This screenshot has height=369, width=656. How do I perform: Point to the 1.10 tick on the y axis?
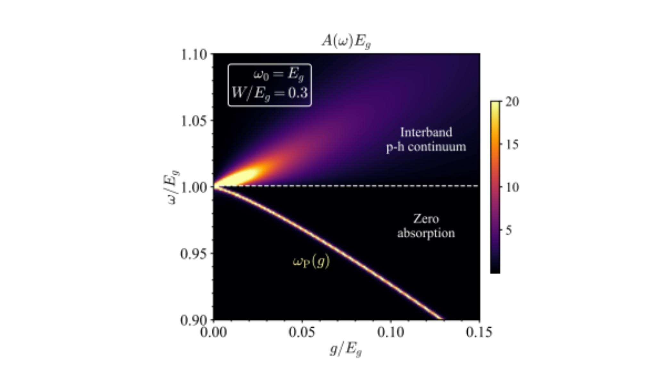coord(194,55)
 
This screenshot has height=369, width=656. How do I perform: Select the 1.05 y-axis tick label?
coord(194,121)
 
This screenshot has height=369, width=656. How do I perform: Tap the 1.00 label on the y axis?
coord(194,187)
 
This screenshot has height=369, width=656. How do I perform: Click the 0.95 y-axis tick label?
coord(194,254)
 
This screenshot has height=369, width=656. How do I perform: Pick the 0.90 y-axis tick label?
coord(194,320)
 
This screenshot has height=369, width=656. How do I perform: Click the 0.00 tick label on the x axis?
coord(214,332)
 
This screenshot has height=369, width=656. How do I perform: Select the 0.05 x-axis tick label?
coord(302,332)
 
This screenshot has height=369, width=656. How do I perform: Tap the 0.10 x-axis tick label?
coord(391,332)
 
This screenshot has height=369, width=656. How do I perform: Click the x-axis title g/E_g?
coord(346,349)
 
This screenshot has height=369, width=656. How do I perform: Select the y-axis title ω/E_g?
coord(172,187)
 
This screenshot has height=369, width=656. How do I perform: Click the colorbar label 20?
coord(512,102)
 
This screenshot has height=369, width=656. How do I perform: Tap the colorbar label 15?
coord(512,145)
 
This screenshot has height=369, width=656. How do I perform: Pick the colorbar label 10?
coord(512,187)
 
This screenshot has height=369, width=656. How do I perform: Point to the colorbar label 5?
coord(509,230)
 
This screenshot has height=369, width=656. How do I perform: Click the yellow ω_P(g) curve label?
coord(311,262)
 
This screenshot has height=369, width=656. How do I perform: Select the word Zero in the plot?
coord(426,219)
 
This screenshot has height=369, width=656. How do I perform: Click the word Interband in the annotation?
coord(426,132)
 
